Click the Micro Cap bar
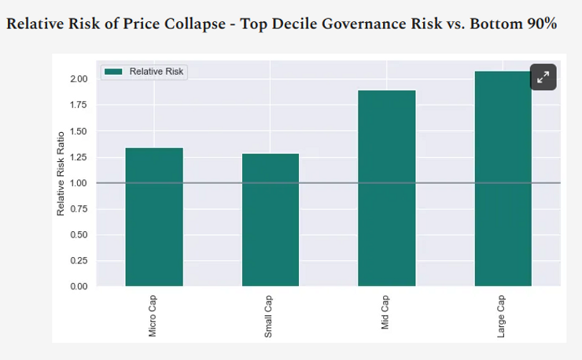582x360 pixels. pyautogui.click(x=154, y=217)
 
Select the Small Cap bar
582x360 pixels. pyautogui.click(x=271, y=219)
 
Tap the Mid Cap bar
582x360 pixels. pyautogui.click(x=386, y=188)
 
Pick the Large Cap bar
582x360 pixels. pyautogui.click(x=503, y=179)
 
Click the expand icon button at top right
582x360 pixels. pyautogui.click(x=543, y=77)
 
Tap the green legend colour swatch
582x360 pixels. pyautogui.click(x=114, y=72)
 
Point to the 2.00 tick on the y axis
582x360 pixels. pyautogui.click(x=78, y=79)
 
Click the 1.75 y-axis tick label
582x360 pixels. pyautogui.click(x=78, y=105)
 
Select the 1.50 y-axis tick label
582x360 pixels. pyautogui.click(x=78, y=131)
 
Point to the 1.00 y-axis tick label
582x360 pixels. pyautogui.click(x=78, y=183)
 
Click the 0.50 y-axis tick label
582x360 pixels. pyautogui.click(x=78, y=235)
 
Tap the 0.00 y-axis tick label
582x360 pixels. pyautogui.click(x=78, y=287)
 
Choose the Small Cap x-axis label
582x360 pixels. pyautogui.click(x=270, y=316)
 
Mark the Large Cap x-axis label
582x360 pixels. pyautogui.click(x=502, y=316)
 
